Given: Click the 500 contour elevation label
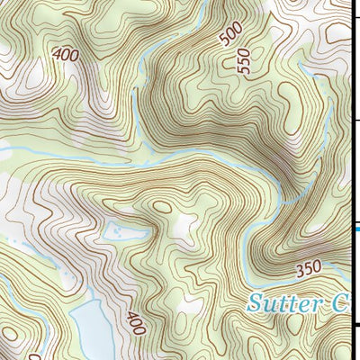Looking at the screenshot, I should point(231,35).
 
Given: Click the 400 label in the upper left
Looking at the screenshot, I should point(66,53).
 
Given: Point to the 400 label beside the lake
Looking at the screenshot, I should point(135,321).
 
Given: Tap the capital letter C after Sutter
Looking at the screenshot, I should point(337,302).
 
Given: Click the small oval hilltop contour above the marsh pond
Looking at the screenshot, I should point(162,206).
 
